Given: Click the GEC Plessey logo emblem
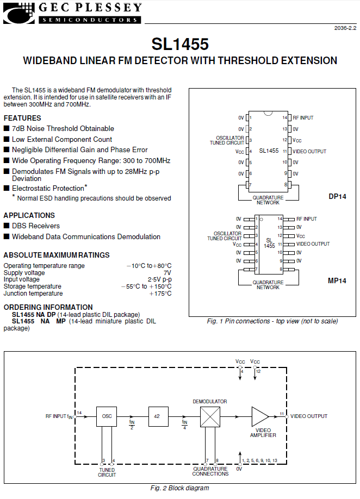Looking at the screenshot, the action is pyautogui.click(x=18, y=13).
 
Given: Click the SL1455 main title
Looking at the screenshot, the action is pyautogui.click(x=180, y=44).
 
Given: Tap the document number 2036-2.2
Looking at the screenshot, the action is pyautogui.click(x=345, y=28).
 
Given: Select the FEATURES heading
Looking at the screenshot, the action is pyautogui.click(x=22, y=118).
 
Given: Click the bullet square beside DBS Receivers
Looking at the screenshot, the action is pyautogui.click(x=7, y=226).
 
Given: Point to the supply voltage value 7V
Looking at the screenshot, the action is pyautogui.click(x=167, y=273).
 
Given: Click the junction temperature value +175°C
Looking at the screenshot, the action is pyautogui.click(x=160, y=294).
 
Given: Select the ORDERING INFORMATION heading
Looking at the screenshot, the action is pyautogui.click(x=48, y=307).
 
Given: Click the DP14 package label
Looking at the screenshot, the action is pyautogui.click(x=337, y=196).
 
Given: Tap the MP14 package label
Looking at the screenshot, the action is pyautogui.click(x=337, y=280).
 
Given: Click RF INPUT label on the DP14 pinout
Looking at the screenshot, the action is pyautogui.click(x=303, y=118).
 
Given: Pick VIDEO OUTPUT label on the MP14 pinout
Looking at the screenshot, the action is pyautogui.click(x=313, y=244).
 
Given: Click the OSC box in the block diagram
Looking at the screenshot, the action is pyautogui.click(x=107, y=416).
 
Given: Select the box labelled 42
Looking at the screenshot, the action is pyautogui.click(x=158, y=416).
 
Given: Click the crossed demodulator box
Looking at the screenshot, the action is pyautogui.click(x=210, y=417).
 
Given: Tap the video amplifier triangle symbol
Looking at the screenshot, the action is pyautogui.click(x=260, y=416).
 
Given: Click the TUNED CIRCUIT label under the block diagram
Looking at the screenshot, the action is pyautogui.click(x=107, y=472).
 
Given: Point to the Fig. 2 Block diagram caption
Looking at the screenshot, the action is pyautogui.click(x=180, y=488).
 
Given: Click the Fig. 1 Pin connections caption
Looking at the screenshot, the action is pyautogui.click(x=272, y=321).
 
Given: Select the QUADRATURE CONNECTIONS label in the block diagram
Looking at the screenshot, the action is pyautogui.click(x=210, y=471).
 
